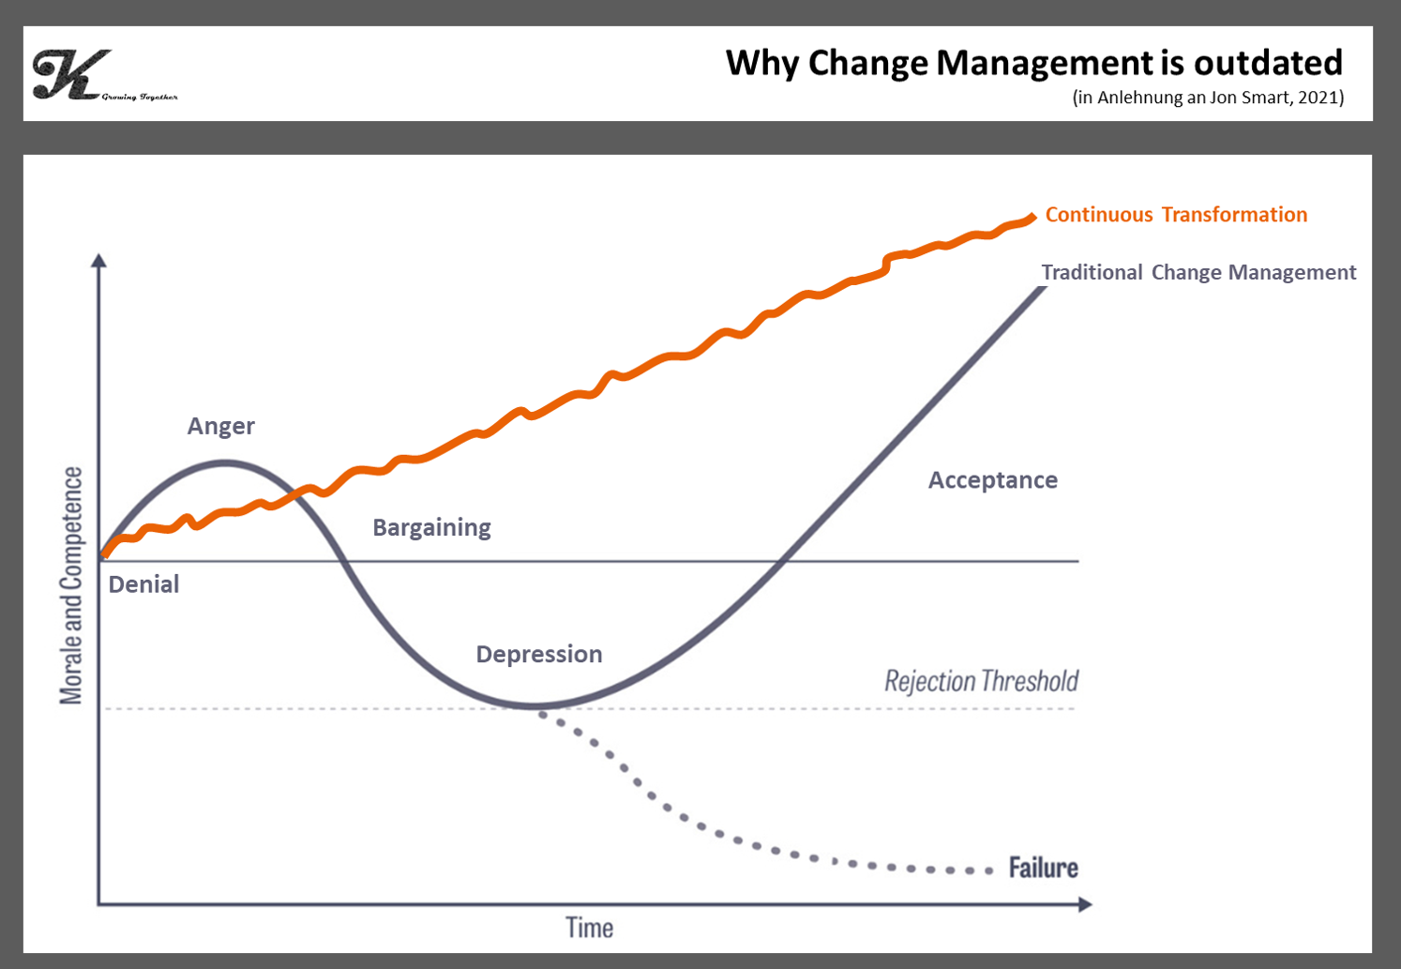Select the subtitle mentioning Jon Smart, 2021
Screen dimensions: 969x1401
[x=1208, y=98]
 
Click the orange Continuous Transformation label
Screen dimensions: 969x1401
[x=1176, y=215]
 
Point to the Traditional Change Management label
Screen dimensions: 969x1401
[x=1198, y=272]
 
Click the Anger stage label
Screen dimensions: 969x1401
[x=221, y=426]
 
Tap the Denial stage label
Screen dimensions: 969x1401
[x=143, y=583]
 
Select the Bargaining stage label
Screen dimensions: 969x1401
[x=431, y=527]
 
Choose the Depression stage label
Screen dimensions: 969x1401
[x=539, y=654]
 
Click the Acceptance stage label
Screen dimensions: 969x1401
[x=993, y=480]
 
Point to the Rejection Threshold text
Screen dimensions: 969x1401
[x=981, y=681]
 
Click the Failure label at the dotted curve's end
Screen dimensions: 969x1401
[x=1043, y=868]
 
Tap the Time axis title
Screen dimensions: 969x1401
[x=590, y=928]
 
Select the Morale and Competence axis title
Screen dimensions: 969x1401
[x=71, y=585]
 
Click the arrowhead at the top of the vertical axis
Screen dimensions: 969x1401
[x=98, y=260]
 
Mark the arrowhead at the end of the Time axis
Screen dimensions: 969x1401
[x=1085, y=904]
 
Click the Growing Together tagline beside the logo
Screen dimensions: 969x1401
[x=140, y=97]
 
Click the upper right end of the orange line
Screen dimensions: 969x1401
[x=1032, y=217]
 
